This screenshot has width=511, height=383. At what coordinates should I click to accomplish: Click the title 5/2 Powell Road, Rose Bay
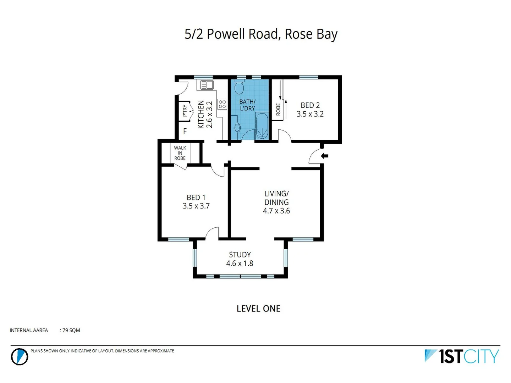pyautogui.click(x=261, y=34)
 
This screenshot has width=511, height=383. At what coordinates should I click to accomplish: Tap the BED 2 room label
pyautogui.click(x=310, y=105)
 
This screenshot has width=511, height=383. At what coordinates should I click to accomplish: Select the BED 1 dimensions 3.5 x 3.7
pyautogui.click(x=196, y=206)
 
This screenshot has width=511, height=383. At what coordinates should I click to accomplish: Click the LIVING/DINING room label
pyautogui.click(x=276, y=198)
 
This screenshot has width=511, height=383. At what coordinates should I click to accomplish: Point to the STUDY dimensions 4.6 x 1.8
pyautogui.click(x=240, y=263)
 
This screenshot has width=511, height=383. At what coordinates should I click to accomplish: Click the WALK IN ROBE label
pyautogui.click(x=180, y=153)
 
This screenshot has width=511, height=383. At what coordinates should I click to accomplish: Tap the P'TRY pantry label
pyautogui.click(x=185, y=111)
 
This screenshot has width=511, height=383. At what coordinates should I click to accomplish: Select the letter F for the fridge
pyautogui.click(x=185, y=131)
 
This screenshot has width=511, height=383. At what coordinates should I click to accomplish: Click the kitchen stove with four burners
pyautogui.click(x=222, y=104)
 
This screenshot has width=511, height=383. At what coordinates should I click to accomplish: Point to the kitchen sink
pyautogui.click(x=207, y=85)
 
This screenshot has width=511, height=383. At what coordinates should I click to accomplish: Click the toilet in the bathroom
pyautogui.click(x=239, y=87)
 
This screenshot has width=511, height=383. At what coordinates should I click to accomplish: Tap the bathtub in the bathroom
pyautogui.click(x=262, y=126)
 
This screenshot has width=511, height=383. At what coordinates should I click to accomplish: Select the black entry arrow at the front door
pyautogui.click(x=324, y=156)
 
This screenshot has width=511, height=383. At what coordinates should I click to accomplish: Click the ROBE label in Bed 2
pyautogui.click(x=278, y=109)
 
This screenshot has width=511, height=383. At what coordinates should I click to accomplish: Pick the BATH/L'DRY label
pyautogui.click(x=247, y=105)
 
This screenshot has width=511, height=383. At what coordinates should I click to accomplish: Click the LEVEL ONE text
pyautogui.click(x=258, y=309)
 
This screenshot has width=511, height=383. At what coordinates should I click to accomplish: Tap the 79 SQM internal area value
pyautogui.click(x=71, y=331)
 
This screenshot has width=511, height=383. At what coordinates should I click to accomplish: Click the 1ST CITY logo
pyautogui.click(x=462, y=356)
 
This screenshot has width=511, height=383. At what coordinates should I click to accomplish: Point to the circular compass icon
pyautogui.click(x=19, y=356)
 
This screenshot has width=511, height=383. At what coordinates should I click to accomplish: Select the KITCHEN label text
pyautogui.click(x=201, y=114)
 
